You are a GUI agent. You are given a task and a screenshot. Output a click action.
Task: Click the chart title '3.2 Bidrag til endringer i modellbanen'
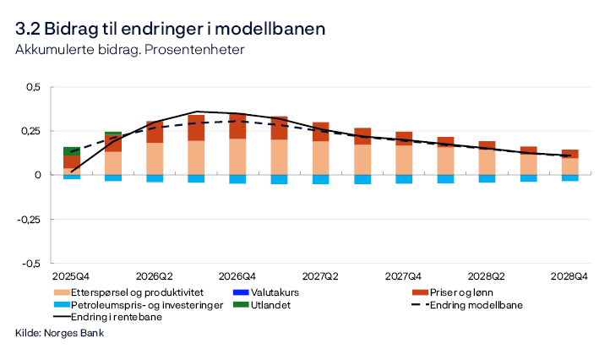pos(170,28)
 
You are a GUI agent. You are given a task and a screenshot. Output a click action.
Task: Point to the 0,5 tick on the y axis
pos(31,87)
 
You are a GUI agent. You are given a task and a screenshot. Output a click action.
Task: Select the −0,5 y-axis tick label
pos(30,263)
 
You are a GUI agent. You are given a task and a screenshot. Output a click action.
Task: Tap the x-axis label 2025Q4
pos(71,276)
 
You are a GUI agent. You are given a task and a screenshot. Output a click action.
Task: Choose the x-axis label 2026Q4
pos(237,276)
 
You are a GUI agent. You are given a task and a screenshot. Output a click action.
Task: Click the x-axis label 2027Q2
pos(320,276)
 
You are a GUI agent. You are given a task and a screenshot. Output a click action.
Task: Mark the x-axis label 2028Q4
pos(569,276)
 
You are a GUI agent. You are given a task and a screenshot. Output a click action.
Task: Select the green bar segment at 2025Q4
pos(72,151)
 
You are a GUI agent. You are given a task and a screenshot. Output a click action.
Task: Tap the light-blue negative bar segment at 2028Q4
pos(569,177)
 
